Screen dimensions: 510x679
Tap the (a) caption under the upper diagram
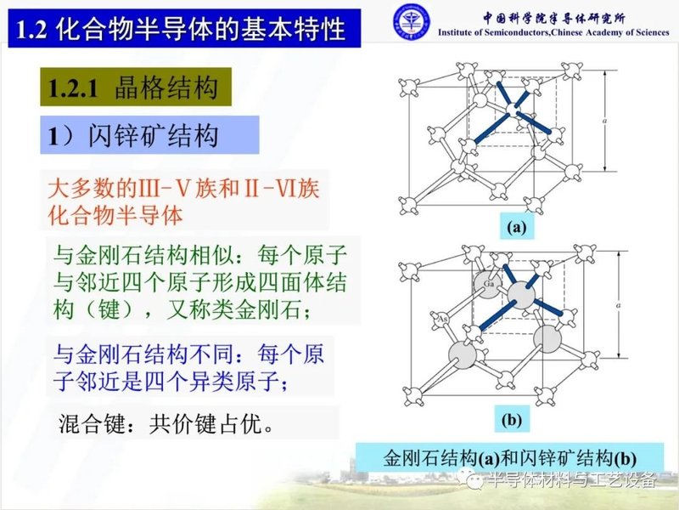pyautogui.click(x=517, y=227)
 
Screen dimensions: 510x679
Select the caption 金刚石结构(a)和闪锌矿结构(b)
pyautogui.click(x=510, y=456)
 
